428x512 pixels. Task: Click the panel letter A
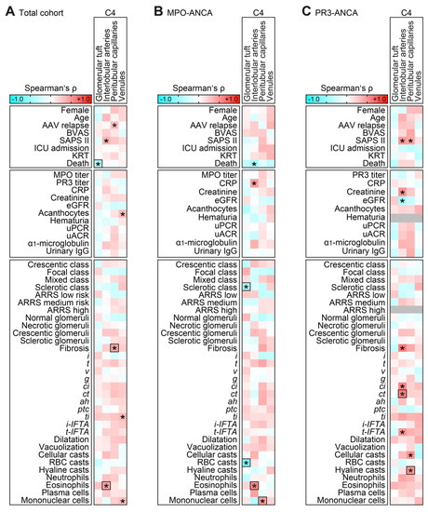[6, 9]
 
